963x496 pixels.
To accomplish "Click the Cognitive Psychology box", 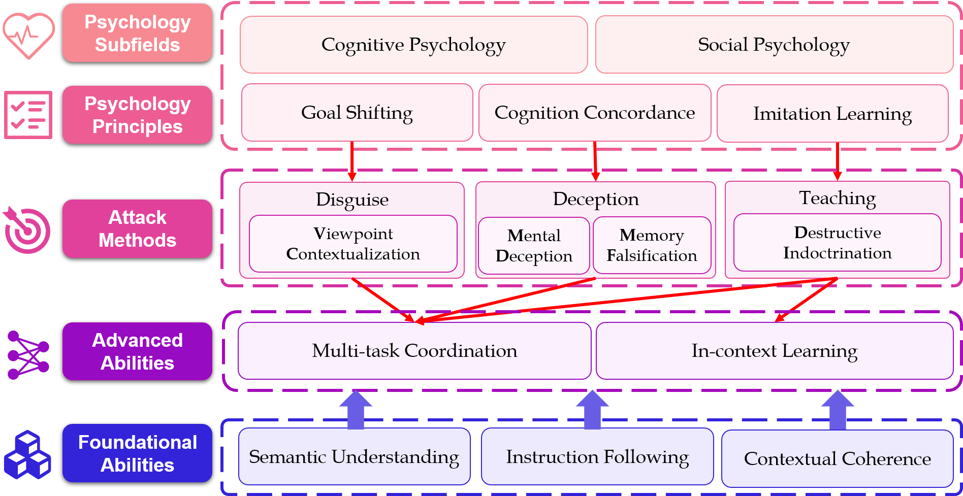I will (413, 45).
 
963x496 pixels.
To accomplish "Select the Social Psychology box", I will (774, 45).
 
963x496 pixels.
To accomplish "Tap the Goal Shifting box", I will (357, 113).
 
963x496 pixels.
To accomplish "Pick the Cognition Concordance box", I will (595, 113).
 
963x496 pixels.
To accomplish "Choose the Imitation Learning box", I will (832, 114).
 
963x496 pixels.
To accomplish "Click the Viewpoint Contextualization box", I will (353, 244).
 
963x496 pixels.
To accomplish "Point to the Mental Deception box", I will (534, 246).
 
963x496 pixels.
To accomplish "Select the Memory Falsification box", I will (652, 245).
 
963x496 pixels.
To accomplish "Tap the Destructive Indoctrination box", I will (837, 243).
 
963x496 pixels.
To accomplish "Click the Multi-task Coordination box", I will (414, 351).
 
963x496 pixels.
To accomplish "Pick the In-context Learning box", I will (774, 351).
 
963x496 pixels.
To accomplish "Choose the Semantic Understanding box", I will (354, 457).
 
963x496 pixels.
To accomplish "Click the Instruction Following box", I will (597, 457).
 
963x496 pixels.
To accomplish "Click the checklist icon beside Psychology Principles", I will (28, 115).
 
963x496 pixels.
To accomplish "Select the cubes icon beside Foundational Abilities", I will (27, 455).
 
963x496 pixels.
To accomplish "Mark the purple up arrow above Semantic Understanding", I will (356, 409).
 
